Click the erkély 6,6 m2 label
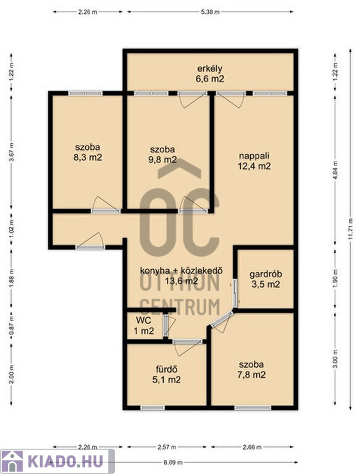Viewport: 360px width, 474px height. (x=210, y=74)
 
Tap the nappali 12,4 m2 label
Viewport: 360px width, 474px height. (x=254, y=161)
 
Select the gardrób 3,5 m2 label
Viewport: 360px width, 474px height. (x=266, y=280)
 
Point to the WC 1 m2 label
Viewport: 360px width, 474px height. (x=144, y=326)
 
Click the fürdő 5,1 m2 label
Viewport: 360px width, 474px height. (x=166, y=374)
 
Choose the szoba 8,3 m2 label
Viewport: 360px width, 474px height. (x=88, y=152)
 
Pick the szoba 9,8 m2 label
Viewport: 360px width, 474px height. (x=162, y=154)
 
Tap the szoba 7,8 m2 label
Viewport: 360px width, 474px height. (x=251, y=370)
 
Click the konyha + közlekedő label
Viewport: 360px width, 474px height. (x=181, y=270)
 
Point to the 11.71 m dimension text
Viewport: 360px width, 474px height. (x=350, y=228)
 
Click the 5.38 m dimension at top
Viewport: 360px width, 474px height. (x=210, y=12)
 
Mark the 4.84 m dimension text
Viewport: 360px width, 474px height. (x=335, y=171)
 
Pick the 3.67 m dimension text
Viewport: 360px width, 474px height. (x=12, y=152)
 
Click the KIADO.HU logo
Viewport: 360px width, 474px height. (x=57, y=461)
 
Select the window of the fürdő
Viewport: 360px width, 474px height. (x=153, y=408)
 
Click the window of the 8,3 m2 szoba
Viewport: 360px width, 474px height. (x=86, y=93)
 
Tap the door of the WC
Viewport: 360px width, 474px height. (x=165, y=326)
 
